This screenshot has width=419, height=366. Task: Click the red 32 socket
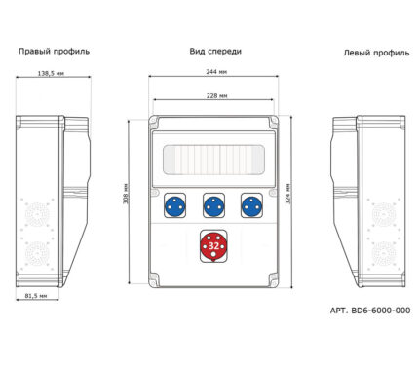pyautogui.click(x=213, y=246)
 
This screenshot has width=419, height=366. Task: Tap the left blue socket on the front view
pyautogui.click(x=175, y=205)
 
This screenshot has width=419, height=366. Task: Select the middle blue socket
pyautogui.click(x=213, y=205)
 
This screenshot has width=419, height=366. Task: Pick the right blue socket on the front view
pyautogui.click(x=251, y=205)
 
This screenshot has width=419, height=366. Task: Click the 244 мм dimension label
pyautogui.click(x=216, y=72)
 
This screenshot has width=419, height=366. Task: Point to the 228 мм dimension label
pyautogui.click(x=217, y=95)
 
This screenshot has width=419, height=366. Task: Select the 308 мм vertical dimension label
pyautogui.click(x=126, y=194)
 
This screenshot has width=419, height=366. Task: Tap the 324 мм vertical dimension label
pyautogui.click(x=288, y=194)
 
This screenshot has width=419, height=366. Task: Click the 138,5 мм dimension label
pyautogui.click(x=51, y=73)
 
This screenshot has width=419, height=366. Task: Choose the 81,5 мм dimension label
pyautogui.click(x=36, y=296)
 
